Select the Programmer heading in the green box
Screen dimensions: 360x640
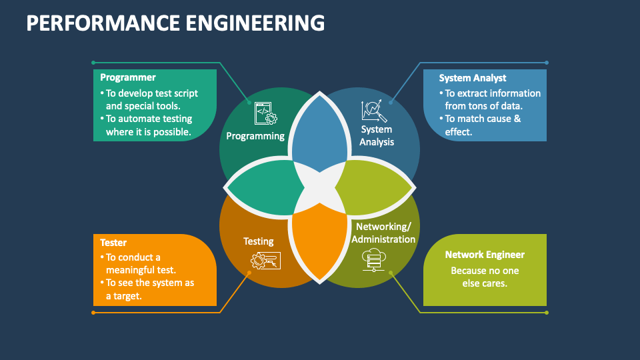(x=128, y=77)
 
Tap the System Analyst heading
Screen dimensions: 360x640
(x=472, y=78)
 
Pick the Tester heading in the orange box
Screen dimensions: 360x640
(x=113, y=243)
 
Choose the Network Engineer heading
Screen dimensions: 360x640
(x=485, y=255)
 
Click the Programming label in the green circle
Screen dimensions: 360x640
(x=255, y=136)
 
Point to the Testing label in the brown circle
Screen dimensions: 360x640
(x=258, y=241)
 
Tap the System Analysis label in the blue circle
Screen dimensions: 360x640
(x=377, y=135)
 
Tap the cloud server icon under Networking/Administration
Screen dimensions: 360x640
(x=374, y=259)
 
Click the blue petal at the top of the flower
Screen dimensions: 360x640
(x=318, y=133)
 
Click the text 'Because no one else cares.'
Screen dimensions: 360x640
(x=485, y=277)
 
